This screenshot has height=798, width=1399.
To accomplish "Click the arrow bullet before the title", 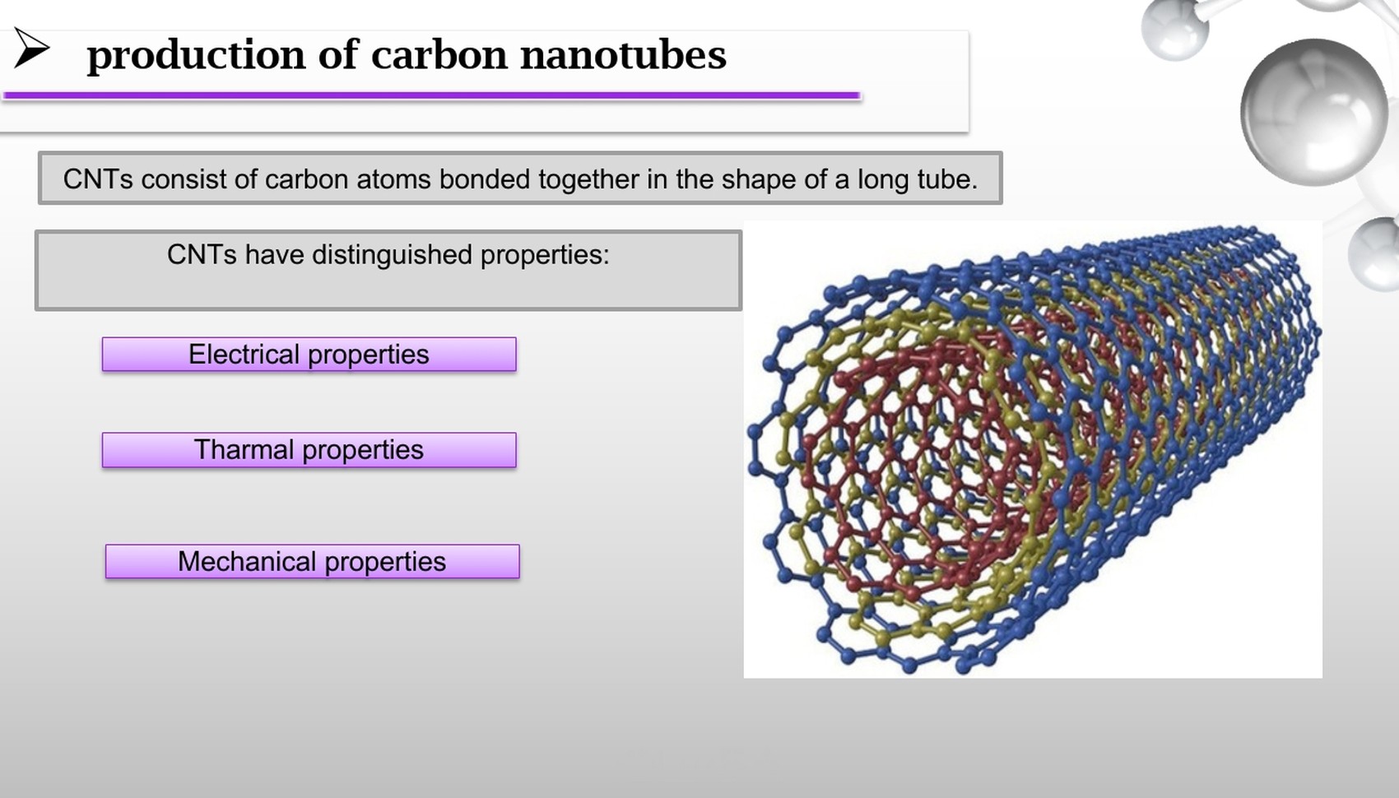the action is coord(31,48).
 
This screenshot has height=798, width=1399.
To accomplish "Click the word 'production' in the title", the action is coord(196,56).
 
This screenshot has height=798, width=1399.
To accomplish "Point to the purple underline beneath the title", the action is coord(432,95).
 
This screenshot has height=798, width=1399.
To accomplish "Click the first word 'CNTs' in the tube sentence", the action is coord(98,179).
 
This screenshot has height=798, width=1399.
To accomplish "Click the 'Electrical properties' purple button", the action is coord(309,355).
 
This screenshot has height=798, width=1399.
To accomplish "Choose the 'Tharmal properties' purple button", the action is coord(309,449).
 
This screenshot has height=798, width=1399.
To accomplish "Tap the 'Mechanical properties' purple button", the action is coord(312,561).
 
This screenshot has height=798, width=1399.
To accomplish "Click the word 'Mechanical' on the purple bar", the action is coord(248,561).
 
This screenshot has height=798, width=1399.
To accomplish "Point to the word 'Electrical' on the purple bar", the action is coord(244,354).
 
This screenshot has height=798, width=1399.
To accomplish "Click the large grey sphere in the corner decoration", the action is coord(1315,113).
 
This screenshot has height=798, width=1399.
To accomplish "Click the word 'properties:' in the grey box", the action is coord(545,255).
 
